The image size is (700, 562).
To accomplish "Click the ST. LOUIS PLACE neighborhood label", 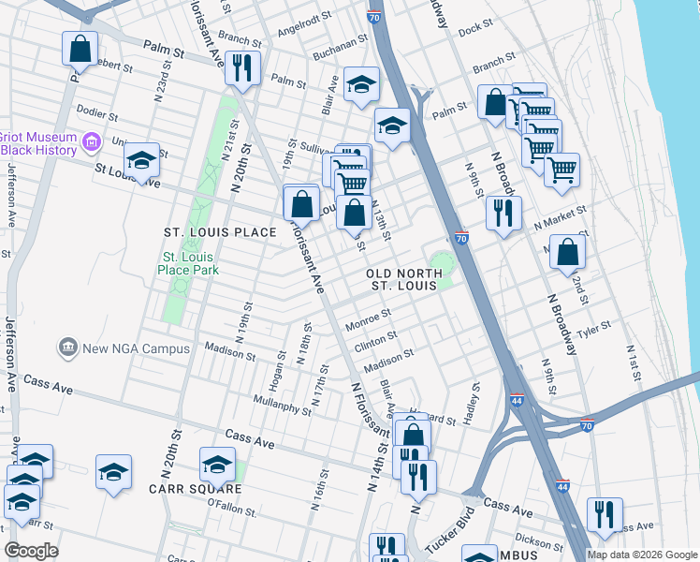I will [x=220, y=232].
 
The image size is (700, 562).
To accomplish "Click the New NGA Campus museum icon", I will [x=67, y=348].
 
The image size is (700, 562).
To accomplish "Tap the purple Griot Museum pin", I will [x=91, y=142].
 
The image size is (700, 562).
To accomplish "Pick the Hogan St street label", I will [x=276, y=371].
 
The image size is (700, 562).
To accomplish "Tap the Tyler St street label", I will [x=594, y=329].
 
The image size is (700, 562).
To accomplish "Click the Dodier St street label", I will [x=95, y=114].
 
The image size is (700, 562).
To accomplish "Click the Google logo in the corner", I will [x=31, y=551].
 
